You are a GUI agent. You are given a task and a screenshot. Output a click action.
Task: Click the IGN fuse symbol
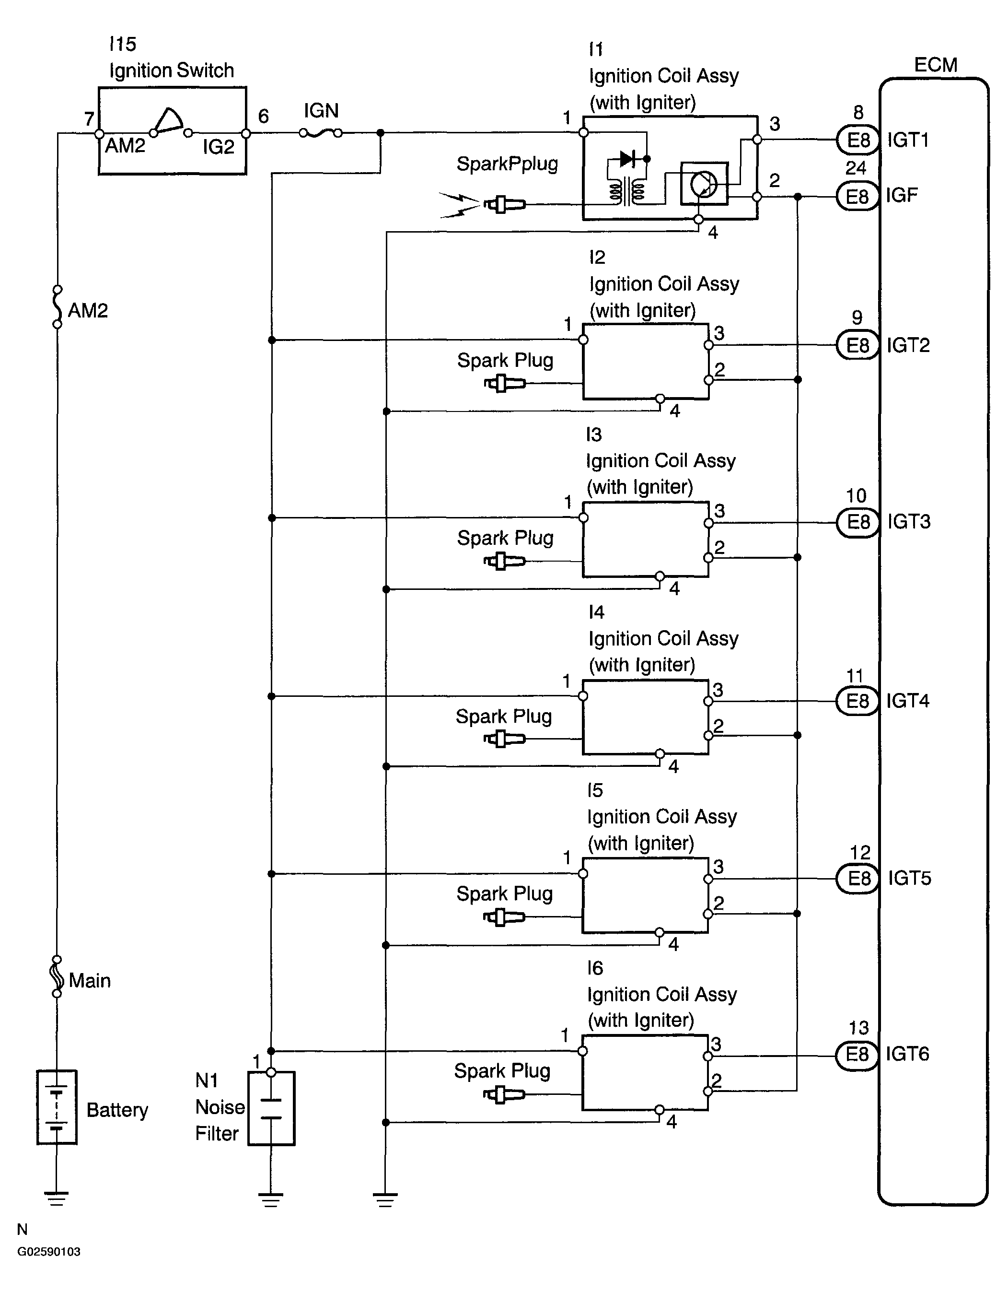pyautogui.click(x=321, y=134)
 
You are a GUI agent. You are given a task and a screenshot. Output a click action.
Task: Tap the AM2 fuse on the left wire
pyautogui.click(x=58, y=307)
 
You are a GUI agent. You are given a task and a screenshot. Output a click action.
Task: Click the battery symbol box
pyautogui.click(x=57, y=1107)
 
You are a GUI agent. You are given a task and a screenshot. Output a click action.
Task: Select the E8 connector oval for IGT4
pyautogui.click(x=857, y=701)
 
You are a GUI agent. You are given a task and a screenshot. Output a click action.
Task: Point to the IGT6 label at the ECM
pyautogui.click(x=907, y=1054)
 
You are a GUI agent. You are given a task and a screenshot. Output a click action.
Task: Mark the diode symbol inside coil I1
pyautogui.click(x=628, y=159)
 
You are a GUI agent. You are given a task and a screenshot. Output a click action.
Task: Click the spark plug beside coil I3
pyautogui.click(x=504, y=561)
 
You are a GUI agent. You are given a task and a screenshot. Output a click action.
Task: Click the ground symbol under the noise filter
pyautogui.click(x=271, y=1200)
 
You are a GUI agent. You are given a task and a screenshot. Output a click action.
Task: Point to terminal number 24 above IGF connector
pyautogui.click(x=856, y=168)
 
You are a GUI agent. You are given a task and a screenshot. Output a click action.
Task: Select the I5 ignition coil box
pyautogui.click(x=645, y=895)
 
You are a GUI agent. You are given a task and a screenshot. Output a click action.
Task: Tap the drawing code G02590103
pyautogui.click(x=48, y=1251)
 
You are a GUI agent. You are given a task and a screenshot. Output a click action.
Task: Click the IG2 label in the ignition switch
pyautogui.click(x=218, y=147)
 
